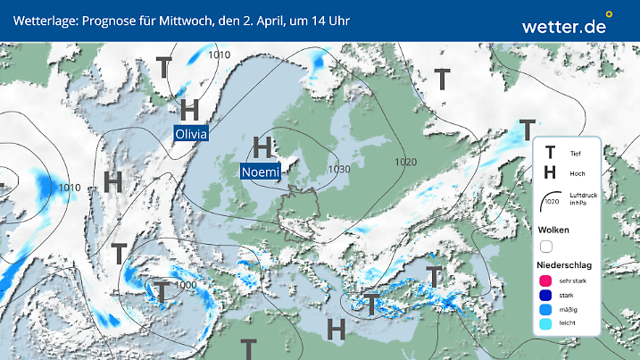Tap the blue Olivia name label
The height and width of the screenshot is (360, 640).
(x=191, y=134)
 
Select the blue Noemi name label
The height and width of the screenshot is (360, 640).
(x=261, y=172)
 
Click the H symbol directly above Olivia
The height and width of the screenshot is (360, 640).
(x=189, y=111)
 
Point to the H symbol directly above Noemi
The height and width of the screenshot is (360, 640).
(x=262, y=147)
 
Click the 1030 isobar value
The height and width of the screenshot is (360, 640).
(x=338, y=169)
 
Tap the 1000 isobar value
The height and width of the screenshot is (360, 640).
(x=187, y=285)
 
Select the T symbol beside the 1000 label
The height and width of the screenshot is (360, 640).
(x=162, y=291)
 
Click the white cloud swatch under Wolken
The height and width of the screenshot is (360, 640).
(x=547, y=246)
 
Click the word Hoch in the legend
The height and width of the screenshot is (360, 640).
(x=578, y=173)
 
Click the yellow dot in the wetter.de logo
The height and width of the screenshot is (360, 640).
(x=609, y=14)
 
